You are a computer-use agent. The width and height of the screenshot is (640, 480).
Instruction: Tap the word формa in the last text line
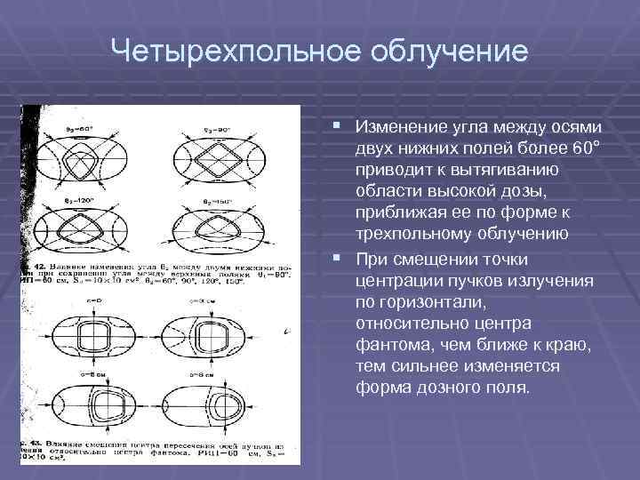tap(379, 388)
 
